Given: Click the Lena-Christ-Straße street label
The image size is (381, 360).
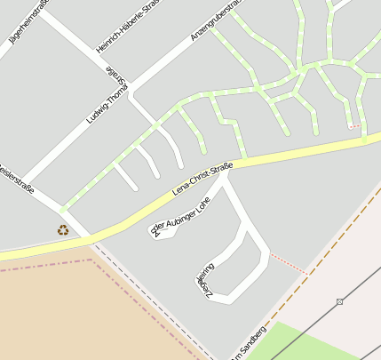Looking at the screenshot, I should coord(202,179).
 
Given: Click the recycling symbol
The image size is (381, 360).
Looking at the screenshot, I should coord(63,229).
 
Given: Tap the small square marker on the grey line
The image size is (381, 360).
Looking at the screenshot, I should coord(340,302).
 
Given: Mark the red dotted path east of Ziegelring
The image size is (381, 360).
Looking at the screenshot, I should coord(287,263).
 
